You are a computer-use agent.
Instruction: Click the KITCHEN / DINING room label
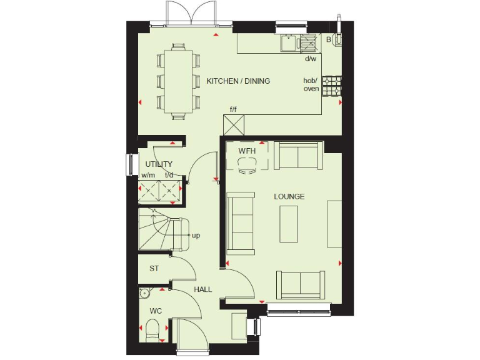[x=238, y=81]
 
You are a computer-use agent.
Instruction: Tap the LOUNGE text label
[x=289, y=196]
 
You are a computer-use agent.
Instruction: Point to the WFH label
[x=247, y=151]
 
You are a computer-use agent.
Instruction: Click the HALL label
[x=202, y=289]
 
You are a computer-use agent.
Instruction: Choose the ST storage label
[x=153, y=269]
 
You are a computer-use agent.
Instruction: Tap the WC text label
[x=155, y=311]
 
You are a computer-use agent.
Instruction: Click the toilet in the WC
[x=152, y=329]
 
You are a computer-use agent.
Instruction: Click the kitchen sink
[x=289, y=42]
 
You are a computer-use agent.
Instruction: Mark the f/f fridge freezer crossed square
[x=233, y=125]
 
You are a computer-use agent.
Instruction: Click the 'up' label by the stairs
[x=196, y=236]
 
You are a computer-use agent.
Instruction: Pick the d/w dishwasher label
[x=310, y=59]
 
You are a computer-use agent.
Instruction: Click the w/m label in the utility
[x=147, y=176]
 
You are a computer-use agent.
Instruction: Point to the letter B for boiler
[x=328, y=39]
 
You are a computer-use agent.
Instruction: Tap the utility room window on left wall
[x=130, y=165]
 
